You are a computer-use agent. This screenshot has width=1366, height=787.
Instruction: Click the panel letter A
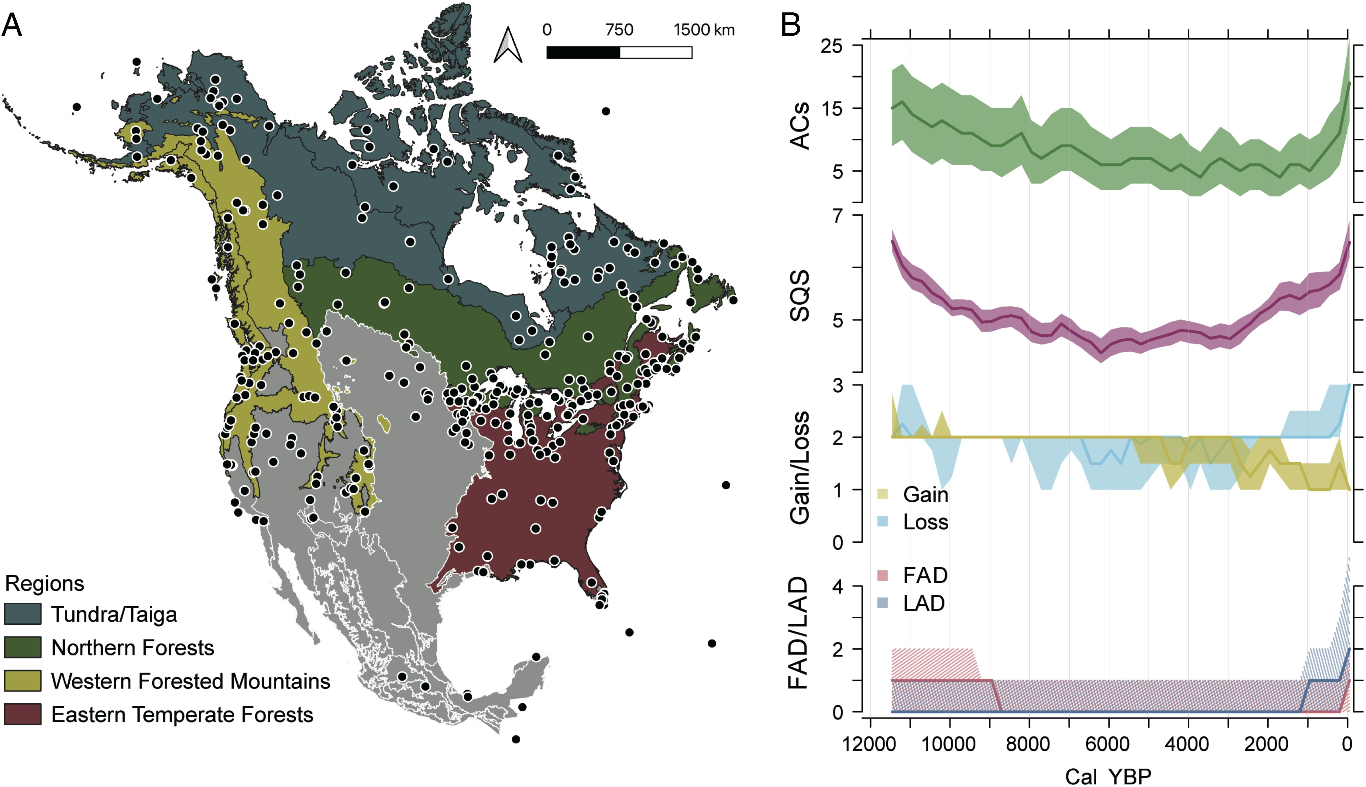tap(12, 25)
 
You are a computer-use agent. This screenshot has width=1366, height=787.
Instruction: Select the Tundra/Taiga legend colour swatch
tap(23, 614)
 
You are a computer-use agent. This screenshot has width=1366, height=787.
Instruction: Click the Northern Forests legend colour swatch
tap(23, 647)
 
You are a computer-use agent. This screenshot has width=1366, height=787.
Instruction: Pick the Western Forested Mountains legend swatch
tap(23, 681)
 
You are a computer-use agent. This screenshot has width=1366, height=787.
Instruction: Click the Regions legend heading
tap(44, 583)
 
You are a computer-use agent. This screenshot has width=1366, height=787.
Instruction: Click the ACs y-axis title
tap(800, 125)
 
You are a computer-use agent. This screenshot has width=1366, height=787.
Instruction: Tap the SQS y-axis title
tap(800, 296)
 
